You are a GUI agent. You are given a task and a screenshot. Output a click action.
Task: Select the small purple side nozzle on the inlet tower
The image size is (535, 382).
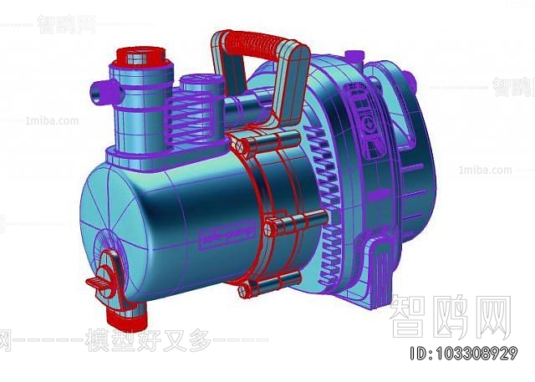click(x=102, y=86)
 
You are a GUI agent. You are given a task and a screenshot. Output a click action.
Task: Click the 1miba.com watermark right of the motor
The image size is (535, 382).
click(x=486, y=171)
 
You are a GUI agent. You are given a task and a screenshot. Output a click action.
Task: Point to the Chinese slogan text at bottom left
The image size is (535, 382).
click(x=134, y=340)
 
